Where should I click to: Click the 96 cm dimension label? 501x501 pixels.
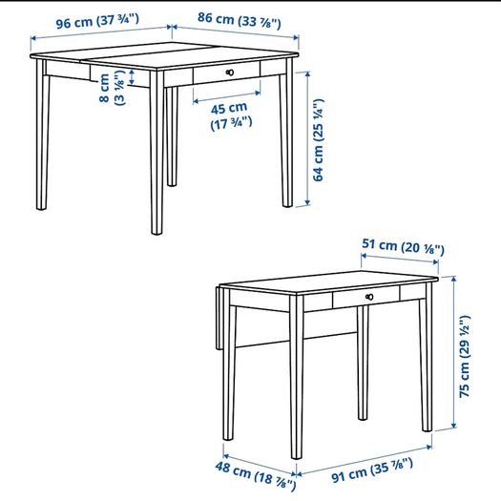click(97, 21)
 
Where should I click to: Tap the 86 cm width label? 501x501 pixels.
click(239, 20)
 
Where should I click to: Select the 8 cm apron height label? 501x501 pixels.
click(112, 88)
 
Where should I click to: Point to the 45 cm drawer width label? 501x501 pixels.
click(231, 116)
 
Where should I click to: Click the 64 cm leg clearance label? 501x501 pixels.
click(318, 140)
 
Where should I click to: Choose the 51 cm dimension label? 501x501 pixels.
click(403, 247)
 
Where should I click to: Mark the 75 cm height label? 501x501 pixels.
click(465, 356)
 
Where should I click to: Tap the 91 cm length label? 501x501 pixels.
click(372, 470)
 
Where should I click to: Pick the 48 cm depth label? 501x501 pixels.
click(256, 476)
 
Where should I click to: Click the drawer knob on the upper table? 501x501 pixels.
click(230, 73)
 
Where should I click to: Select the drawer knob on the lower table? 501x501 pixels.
click(369, 297)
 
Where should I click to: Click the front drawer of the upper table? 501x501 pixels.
click(226, 73)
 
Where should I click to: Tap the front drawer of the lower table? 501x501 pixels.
click(365, 297)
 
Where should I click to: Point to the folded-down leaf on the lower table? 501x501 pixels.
click(219, 318)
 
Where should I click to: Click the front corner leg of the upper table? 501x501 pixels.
click(157, 153)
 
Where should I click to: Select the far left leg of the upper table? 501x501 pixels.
click(42, 135)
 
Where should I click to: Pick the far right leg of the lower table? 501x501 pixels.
click(427, 357)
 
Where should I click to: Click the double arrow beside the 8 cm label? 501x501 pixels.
click(132, 77)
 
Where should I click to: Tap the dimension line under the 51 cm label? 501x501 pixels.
click(400, 259)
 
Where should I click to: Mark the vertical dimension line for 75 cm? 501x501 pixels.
click(453, 352)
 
